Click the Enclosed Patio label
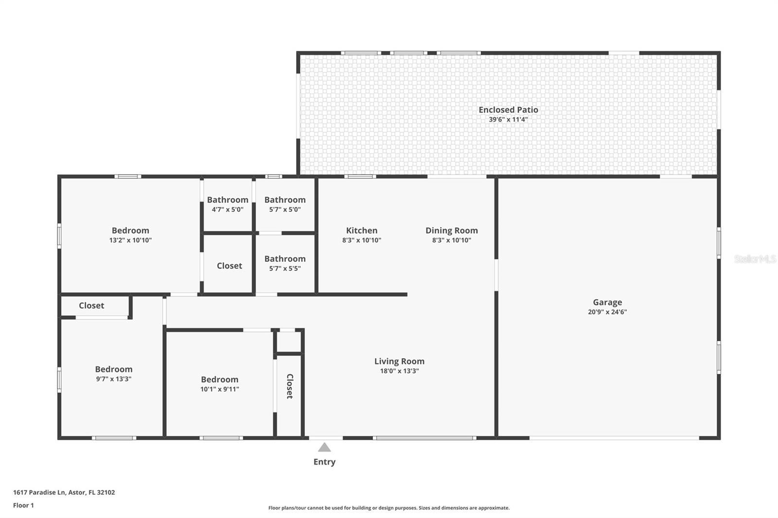point(508,110)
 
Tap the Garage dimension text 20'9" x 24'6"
point(607,312)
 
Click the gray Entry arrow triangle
point(324,448)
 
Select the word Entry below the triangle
point(324,462)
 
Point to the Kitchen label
point(361,230)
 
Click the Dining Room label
point(451,230)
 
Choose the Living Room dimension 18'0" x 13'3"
point(399,371)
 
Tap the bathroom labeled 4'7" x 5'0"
point(228,205)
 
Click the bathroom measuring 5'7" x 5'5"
point(285,263)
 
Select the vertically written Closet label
point(289,386)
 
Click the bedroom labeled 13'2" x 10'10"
point(130,235)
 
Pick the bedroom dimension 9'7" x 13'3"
point(113,379)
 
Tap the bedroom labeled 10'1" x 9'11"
point(219,384)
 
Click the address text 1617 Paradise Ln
point(39,492)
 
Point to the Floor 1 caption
point(23,505)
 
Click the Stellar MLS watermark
point(755,259)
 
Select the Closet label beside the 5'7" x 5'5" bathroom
point(229,266)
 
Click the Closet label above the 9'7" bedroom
point(91,306)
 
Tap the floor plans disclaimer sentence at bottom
point(389,508)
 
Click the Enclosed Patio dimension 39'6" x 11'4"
point(508,120)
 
